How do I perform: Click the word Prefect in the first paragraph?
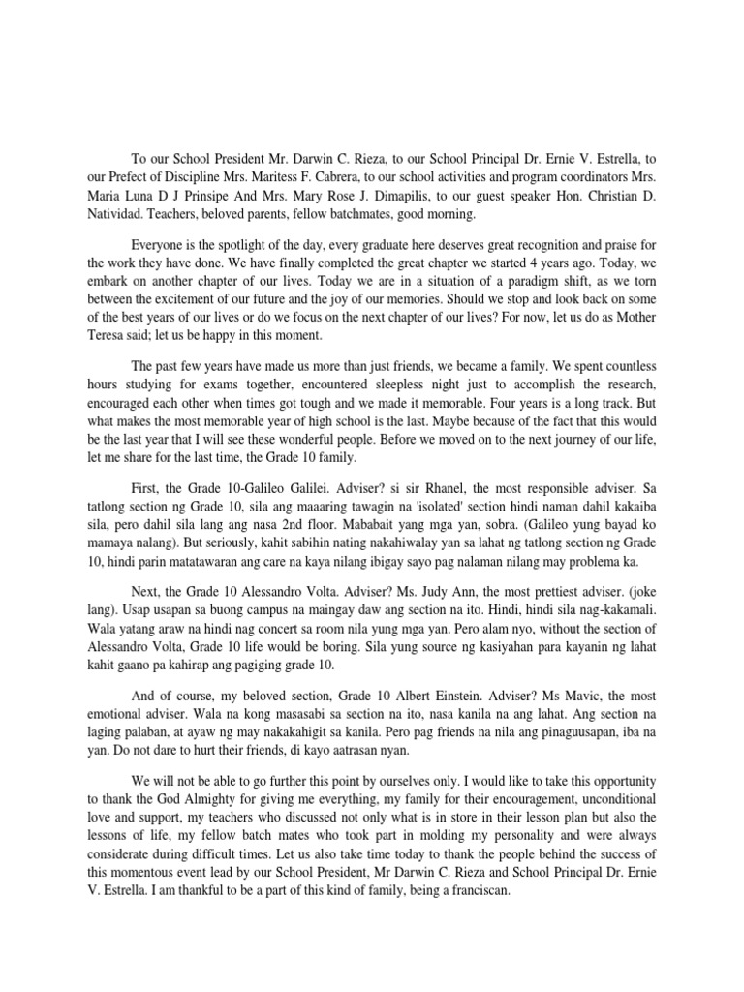pyautogui.click(x=131, y=178)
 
